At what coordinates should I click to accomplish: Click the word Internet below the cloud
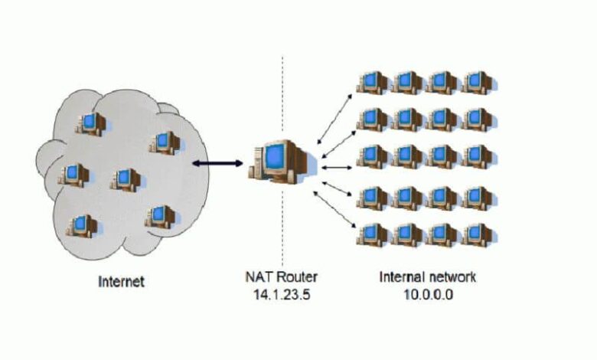pyautogui.click(x=121, y=281)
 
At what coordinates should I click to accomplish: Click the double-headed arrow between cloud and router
pyautogui.click(x=217, y=163)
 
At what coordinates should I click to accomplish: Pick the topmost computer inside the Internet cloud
pyautogui.click(x=90, y=123)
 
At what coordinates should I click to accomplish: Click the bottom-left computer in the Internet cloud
pyautogui.click(x=81, y=225)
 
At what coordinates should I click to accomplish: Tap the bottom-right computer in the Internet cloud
pyautogui.click(x=158, y=215)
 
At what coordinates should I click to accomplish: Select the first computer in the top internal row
pyautogui.click(x=374, y=82)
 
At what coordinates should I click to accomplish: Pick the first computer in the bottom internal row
pyautogui.click(x=374, y=234)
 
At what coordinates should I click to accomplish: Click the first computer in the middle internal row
pyautogui.click(x=374, y=156)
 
